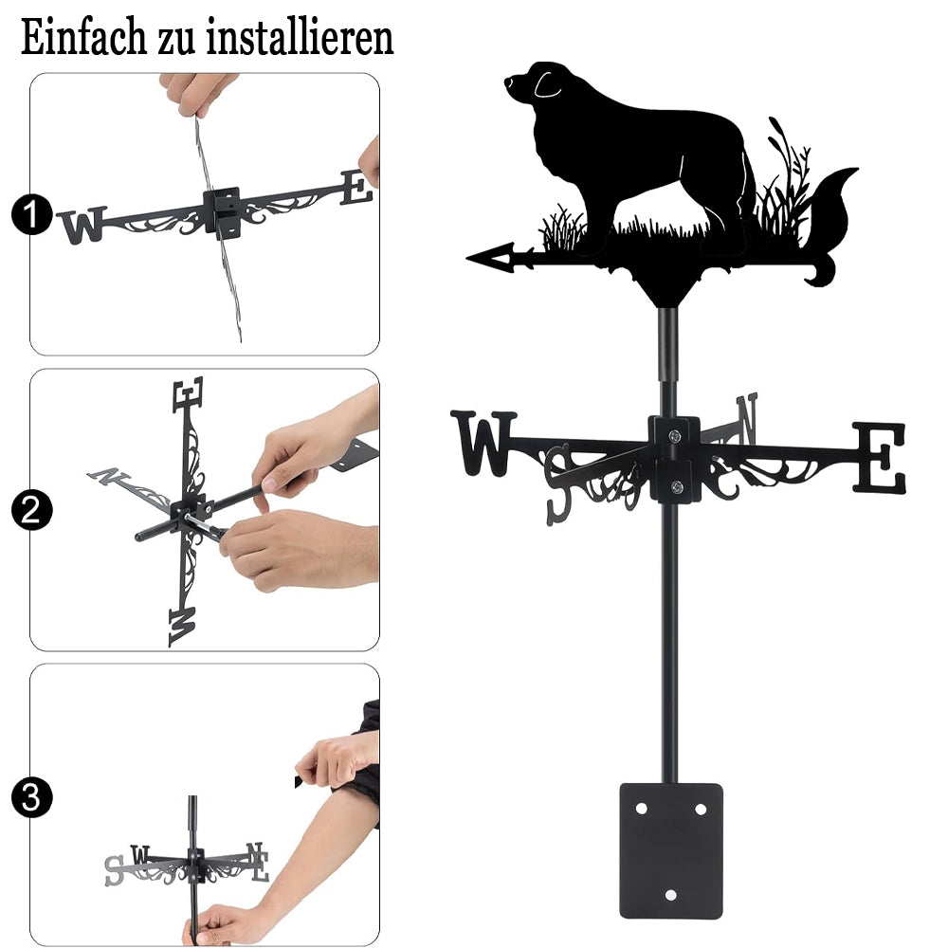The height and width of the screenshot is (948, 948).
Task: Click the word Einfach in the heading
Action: tap(84, 38)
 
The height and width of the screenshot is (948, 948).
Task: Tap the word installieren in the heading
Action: tap(300, 38)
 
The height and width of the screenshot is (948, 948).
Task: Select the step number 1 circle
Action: tap(31, 214)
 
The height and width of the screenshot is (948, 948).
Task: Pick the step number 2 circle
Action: tap(31, 510)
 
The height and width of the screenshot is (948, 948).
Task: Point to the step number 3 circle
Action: tap(31, 797)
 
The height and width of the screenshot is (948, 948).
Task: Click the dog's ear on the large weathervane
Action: tap(548, 84)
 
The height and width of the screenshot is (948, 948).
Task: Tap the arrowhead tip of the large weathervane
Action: tap(467, 259)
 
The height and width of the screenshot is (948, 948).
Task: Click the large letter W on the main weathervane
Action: tap(483, 443)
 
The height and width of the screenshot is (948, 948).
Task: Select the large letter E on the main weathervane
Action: tap(880, 457)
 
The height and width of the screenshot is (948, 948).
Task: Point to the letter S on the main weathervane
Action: tap(558, 484)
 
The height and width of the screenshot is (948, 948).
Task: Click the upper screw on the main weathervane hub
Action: tap(675, 435)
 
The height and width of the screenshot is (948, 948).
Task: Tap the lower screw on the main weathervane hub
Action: tap(677, 486)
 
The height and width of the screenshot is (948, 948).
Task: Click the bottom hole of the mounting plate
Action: tap(671, 895)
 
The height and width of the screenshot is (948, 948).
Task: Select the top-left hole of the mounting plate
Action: tap(641, 809)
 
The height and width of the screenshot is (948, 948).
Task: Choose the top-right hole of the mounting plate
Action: tap(701, 809)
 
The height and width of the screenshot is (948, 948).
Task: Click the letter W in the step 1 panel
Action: tap(82, 225)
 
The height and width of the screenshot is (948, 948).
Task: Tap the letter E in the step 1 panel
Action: tap(356, 188)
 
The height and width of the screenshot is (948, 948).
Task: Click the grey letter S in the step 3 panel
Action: tap(115, 870)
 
